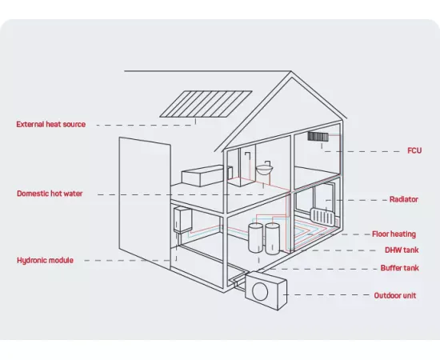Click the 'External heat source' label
tap(50, 124)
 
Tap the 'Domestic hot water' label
tap(50, 194)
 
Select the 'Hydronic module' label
tap(45, 260)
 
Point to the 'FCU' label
tap(414, 150)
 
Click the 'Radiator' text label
tap(404, 199)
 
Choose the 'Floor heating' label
tap(394, 234)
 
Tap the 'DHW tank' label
tap(402, 250)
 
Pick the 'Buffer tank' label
tap(399, 268)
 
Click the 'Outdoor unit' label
tap(395, 295)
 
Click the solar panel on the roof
tap(206, 104)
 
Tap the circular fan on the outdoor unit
tap(260, 291)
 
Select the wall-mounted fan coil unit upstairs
tap(318, 137)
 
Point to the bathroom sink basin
tap(264, 170)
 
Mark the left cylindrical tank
tap(256, 238)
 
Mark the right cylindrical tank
tap(273, 238)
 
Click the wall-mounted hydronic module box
tap(182, 220)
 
